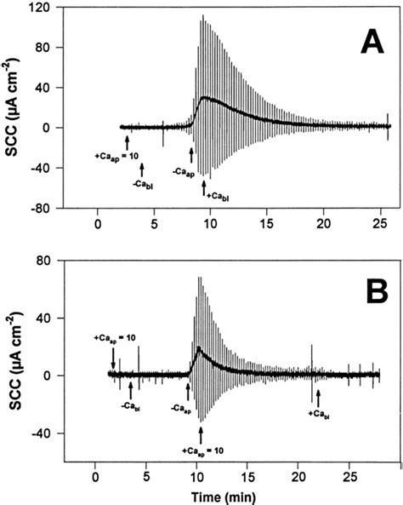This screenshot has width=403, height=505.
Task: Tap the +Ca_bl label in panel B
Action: pos(319,415)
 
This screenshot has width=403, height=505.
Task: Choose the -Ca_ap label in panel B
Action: pos(179,408)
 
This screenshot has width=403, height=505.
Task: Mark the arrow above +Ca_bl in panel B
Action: pos(318,396)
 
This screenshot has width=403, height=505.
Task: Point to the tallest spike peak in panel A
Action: pos(201,15)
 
